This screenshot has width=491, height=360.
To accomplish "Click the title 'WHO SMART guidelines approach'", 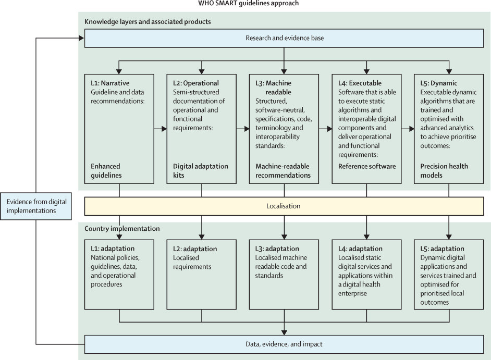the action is point(248,3).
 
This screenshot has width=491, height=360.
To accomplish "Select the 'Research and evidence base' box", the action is point(284,38).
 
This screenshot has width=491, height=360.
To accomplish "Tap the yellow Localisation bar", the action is point(284,206).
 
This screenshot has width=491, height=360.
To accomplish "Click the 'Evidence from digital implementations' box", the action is point(36,206).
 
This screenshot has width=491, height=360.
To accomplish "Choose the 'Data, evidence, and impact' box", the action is point(284,344).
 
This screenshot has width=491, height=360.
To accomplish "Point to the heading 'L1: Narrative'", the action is point(110,83).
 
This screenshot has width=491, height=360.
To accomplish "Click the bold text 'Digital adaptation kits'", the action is point(200,170).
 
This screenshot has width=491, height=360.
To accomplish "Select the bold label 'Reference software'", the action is point(366,166).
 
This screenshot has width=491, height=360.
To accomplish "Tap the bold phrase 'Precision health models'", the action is point(444,170).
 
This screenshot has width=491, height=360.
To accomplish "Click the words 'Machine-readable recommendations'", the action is point(283,170).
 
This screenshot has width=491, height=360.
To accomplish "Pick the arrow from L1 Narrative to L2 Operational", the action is point(161,129).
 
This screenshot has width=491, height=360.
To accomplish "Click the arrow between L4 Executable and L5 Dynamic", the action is point(408,129).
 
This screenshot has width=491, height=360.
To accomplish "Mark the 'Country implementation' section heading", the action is point(122,229).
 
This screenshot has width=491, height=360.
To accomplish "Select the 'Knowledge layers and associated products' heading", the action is point(148,21).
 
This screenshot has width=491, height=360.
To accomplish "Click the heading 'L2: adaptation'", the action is point(195,249).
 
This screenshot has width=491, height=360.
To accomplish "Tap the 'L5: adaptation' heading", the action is point(442,249).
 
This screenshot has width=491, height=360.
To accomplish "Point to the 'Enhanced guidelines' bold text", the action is point(106,170).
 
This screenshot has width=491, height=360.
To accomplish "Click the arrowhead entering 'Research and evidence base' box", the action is point(81,38).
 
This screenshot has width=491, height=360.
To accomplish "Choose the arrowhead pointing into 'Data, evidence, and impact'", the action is point(284,332).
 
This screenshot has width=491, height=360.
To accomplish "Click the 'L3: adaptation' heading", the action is point(277,249).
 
